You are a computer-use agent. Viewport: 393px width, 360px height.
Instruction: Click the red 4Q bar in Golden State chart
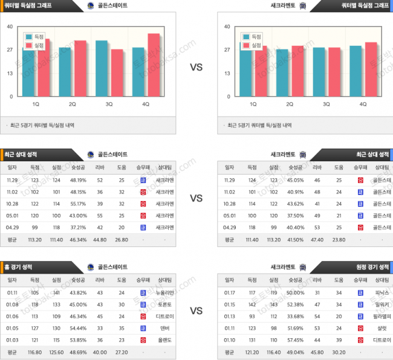click(154, 65)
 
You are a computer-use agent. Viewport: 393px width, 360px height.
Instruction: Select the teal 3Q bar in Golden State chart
click(102, 68)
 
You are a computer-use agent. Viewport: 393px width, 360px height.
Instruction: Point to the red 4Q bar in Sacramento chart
click(371, 69)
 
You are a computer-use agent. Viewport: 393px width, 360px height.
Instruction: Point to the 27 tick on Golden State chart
click(10, 50)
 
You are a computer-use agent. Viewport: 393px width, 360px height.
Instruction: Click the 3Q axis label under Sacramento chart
click(326, 104)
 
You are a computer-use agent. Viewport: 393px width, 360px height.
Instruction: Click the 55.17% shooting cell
click(78, 204)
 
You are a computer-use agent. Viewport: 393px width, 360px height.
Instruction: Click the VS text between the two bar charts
click(197, 67)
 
